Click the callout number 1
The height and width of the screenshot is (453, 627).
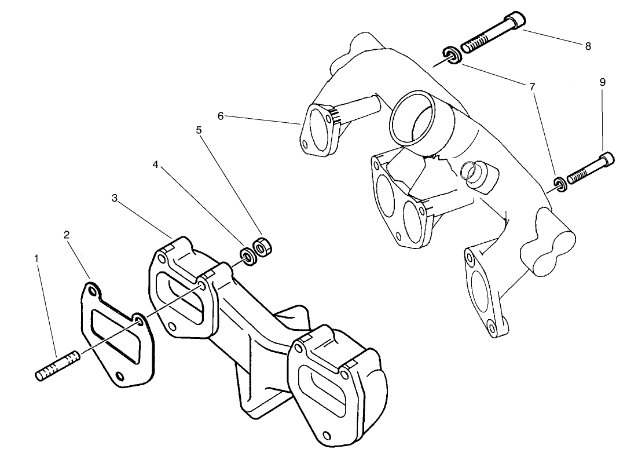(x=37, y=257)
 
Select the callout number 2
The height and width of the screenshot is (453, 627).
(x=67, y=235)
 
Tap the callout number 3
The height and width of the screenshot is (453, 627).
(x=115, y=198)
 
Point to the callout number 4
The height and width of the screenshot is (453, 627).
(x=155, y=165)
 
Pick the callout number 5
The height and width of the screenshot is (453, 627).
(x=199, y=130)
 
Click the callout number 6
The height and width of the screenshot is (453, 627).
(x=221, y=116)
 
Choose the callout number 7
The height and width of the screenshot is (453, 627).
(x=532, y=86)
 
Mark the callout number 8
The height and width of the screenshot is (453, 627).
(x=588, y=46)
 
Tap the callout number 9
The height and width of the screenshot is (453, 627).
(x=603, y=82)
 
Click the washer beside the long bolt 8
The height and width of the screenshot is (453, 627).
(x=453, y=55)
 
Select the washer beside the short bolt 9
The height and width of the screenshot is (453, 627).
(x=559, y=184)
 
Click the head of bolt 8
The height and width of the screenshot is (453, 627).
(x=515, y=21)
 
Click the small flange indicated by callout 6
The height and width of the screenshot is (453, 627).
(x=317, y=130)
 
